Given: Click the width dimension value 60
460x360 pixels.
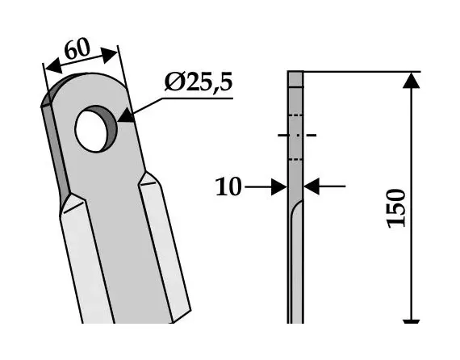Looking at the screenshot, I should tap(77, 49).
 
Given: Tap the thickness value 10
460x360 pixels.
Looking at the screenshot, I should tap(228, 188).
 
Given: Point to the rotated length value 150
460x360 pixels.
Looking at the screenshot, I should tap(396, 208).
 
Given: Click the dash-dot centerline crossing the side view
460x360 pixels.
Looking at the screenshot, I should tap(296, 136).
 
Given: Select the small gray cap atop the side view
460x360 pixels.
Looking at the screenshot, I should tap(295, 79).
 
